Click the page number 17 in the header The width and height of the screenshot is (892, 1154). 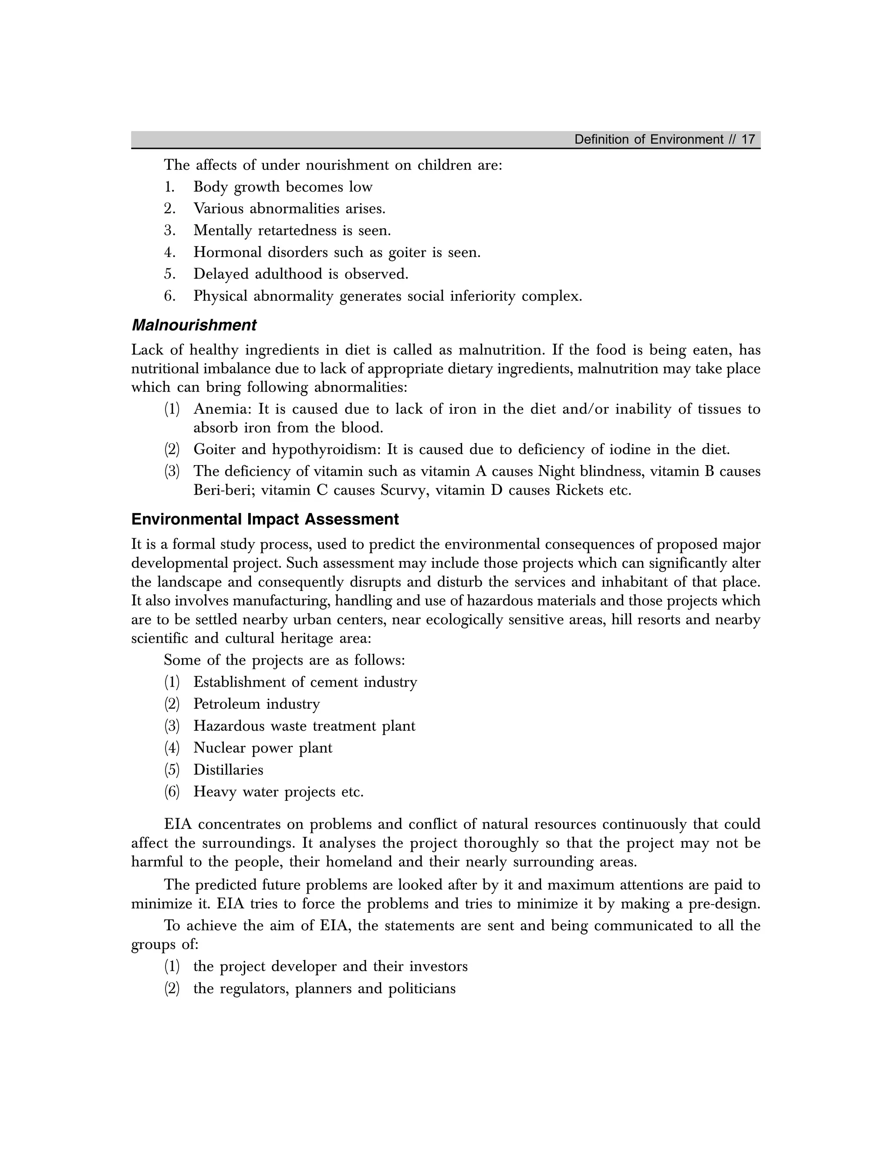(748, 139)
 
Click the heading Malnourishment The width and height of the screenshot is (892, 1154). (193, 325)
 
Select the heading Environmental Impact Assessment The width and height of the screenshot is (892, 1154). (265, 520)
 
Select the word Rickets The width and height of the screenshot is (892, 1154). (580, 490)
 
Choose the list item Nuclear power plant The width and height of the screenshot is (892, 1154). (263, 748)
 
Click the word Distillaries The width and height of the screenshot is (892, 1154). (228, 770)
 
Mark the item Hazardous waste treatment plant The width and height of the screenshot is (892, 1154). (304, 726)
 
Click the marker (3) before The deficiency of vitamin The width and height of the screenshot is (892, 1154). (172, 471)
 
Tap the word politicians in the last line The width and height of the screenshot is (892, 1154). (422, 989)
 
